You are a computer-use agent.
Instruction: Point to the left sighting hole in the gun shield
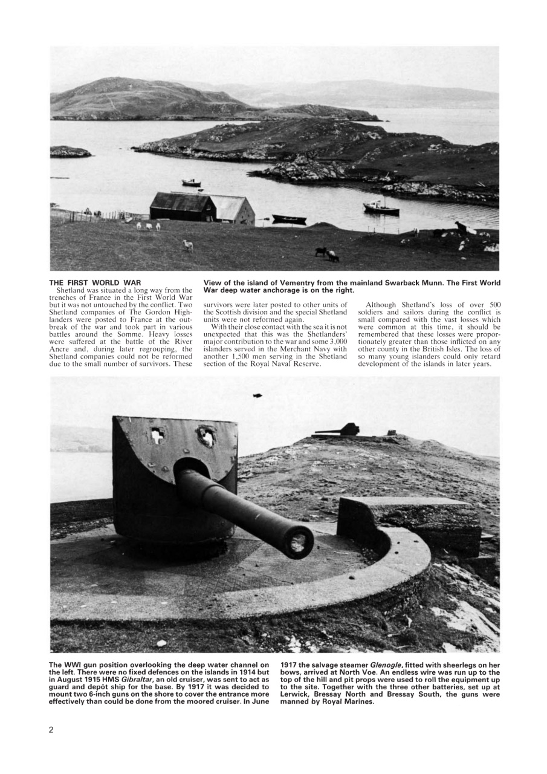(157, 435)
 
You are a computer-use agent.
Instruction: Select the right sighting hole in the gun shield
(206, 435)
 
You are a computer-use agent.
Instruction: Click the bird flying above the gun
(257, 395)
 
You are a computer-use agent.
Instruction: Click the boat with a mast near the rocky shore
(381, 208)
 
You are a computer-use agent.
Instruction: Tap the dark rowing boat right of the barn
(289, 218)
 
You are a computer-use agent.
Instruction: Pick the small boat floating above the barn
(191, 182)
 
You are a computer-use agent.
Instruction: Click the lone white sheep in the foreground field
(188, 245)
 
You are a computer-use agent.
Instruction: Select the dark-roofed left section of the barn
(182, 207)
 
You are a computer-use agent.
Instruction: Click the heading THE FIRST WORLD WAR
(94, 282)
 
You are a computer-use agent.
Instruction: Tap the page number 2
(51, 730)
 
